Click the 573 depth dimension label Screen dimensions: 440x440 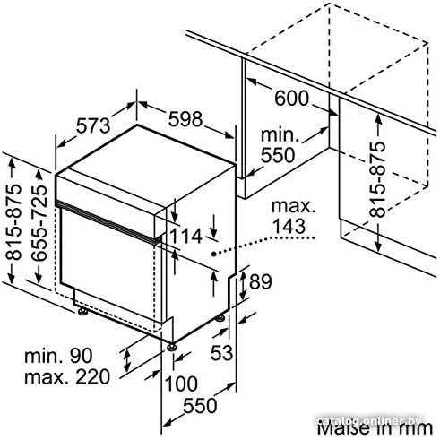point(93,125)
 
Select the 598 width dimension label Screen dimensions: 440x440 point(185,119)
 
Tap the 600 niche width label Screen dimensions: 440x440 point(291,98)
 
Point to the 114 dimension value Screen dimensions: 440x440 point(185,236)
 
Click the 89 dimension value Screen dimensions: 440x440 point(261,281)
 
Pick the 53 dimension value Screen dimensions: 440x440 point(221,353)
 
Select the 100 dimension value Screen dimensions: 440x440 point(181,384)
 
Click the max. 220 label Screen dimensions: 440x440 point(67,376)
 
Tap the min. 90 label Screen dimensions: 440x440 point(58,356)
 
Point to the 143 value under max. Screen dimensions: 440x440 point(289,226)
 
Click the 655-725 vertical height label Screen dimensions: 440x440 point(39,223)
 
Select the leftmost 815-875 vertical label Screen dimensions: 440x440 point(14,222)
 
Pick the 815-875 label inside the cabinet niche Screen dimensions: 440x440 point(377,179)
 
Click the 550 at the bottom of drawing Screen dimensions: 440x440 point(200,406)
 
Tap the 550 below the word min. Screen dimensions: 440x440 point(278,155)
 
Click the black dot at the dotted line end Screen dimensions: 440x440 point(214,254)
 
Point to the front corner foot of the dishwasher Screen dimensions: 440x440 point(171,347)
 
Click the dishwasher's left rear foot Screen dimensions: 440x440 point(82,312)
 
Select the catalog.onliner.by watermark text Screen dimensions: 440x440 point(369,421)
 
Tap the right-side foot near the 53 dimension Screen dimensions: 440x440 point(220,318)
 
